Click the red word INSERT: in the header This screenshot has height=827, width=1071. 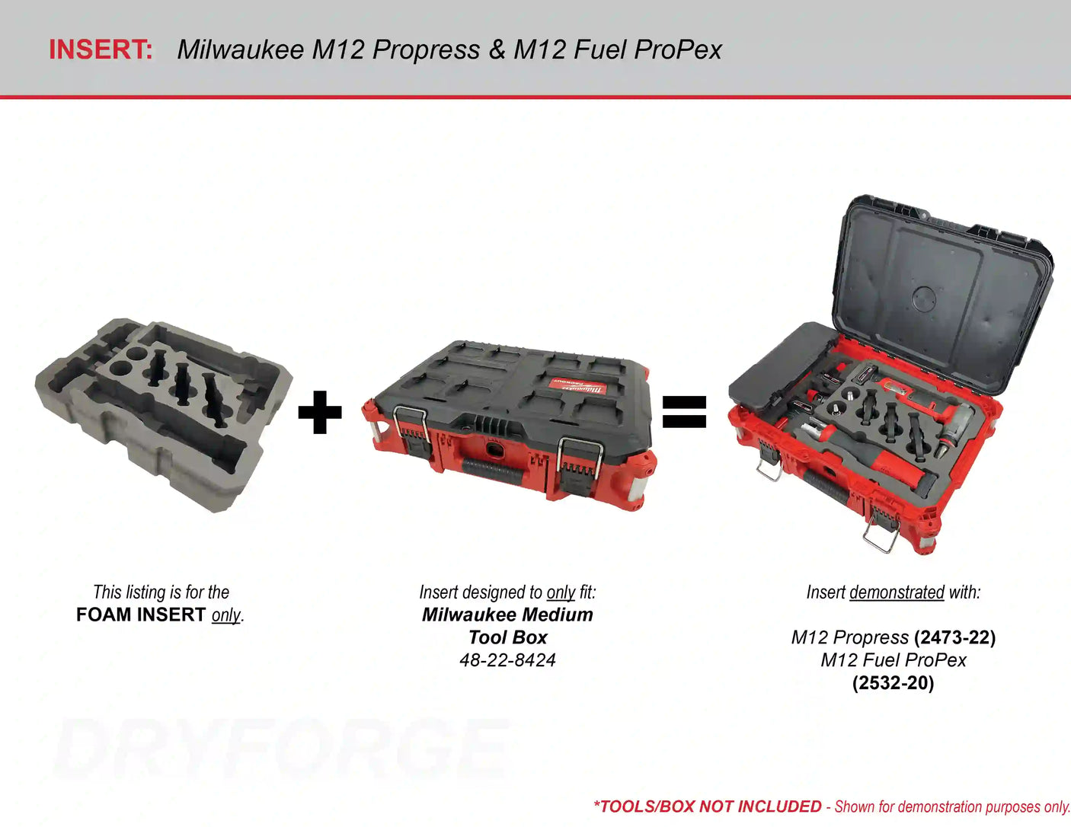coord(101,49)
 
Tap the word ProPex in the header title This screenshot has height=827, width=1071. coord(678,49)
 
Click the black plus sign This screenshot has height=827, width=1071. coord(320,412)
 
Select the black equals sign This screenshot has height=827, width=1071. coord(684,412)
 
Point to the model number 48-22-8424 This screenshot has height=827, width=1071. coord(507,660)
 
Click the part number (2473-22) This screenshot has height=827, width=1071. coord(954,637)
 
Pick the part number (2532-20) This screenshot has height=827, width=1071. coord(893,682)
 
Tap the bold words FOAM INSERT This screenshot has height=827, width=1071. coord(140,615)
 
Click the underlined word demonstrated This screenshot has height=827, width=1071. coord(897,592)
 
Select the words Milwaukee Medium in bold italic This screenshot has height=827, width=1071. coord(507,615)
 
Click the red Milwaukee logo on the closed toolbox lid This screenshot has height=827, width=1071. coord(578,385)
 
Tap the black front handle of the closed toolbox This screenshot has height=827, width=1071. coord(492,472)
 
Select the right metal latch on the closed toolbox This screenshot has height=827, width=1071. coord(580,461)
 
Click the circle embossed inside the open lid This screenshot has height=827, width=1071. coord(924,298)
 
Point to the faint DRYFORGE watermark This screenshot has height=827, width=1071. coord(281,749)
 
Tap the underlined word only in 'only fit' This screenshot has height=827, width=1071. coord(561,592)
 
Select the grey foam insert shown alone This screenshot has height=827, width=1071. coord(164,415)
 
